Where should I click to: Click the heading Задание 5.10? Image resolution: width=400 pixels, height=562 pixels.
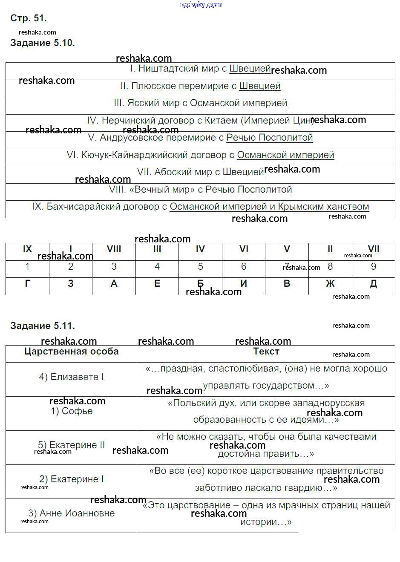43,43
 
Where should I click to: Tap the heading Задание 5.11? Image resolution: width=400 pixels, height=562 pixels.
43,326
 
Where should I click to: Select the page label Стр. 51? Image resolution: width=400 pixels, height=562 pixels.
29,18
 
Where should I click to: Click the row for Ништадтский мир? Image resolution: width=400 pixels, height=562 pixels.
200,69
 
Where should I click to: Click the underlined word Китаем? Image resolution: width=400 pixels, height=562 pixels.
221,121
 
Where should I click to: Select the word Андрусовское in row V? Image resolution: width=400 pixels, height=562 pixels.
127,138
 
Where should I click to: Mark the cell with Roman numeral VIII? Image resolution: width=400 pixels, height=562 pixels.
114,249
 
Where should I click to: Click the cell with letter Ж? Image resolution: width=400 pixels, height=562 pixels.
330,284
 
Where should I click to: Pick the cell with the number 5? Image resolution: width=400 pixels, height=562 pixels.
200,267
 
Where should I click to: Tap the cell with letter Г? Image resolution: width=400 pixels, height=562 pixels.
28,284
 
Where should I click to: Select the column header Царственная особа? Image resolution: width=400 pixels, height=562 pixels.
71,352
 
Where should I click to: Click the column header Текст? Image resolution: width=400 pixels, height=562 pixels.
266,352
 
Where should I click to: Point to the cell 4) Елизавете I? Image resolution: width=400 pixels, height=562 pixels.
71,378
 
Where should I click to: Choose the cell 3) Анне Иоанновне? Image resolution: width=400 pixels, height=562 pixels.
71,514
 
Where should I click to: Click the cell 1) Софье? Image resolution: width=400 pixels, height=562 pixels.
71,412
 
